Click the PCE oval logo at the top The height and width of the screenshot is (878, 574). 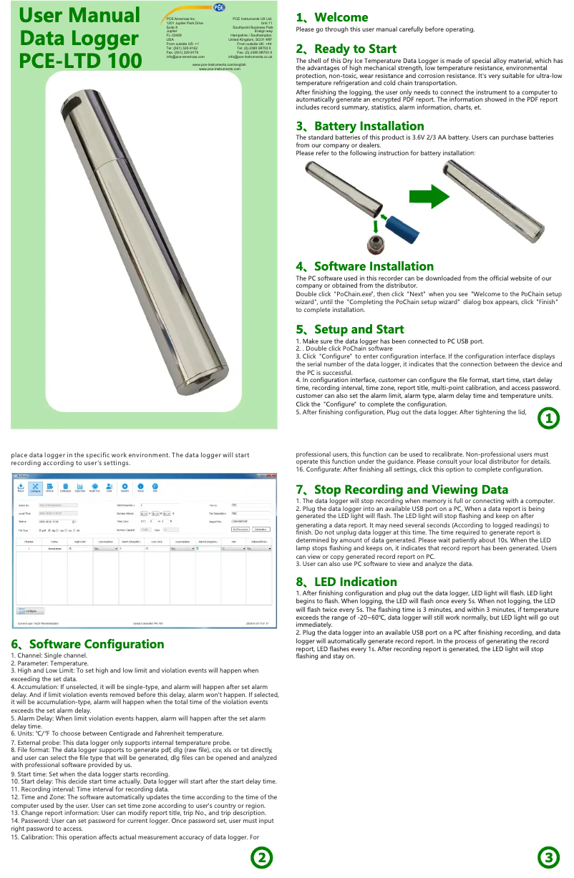pyautogui.click(x=218, y=7)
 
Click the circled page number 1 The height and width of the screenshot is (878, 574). pyautogui.click(x=548, y=419)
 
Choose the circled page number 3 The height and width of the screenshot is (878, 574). pyautogui.click(x=548, y=857)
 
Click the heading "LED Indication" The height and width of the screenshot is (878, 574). pyautogui.click(x=351, y=582)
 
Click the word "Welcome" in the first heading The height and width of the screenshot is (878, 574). pyautogui.click(x=341, y=17)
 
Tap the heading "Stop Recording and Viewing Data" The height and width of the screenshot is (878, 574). pyautogui.click(x=402, y=489)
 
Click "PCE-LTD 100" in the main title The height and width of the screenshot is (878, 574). pyautogui.click(x=69, y=61)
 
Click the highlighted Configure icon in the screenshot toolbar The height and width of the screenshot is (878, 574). pyautogui.click(x=35, y=487)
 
